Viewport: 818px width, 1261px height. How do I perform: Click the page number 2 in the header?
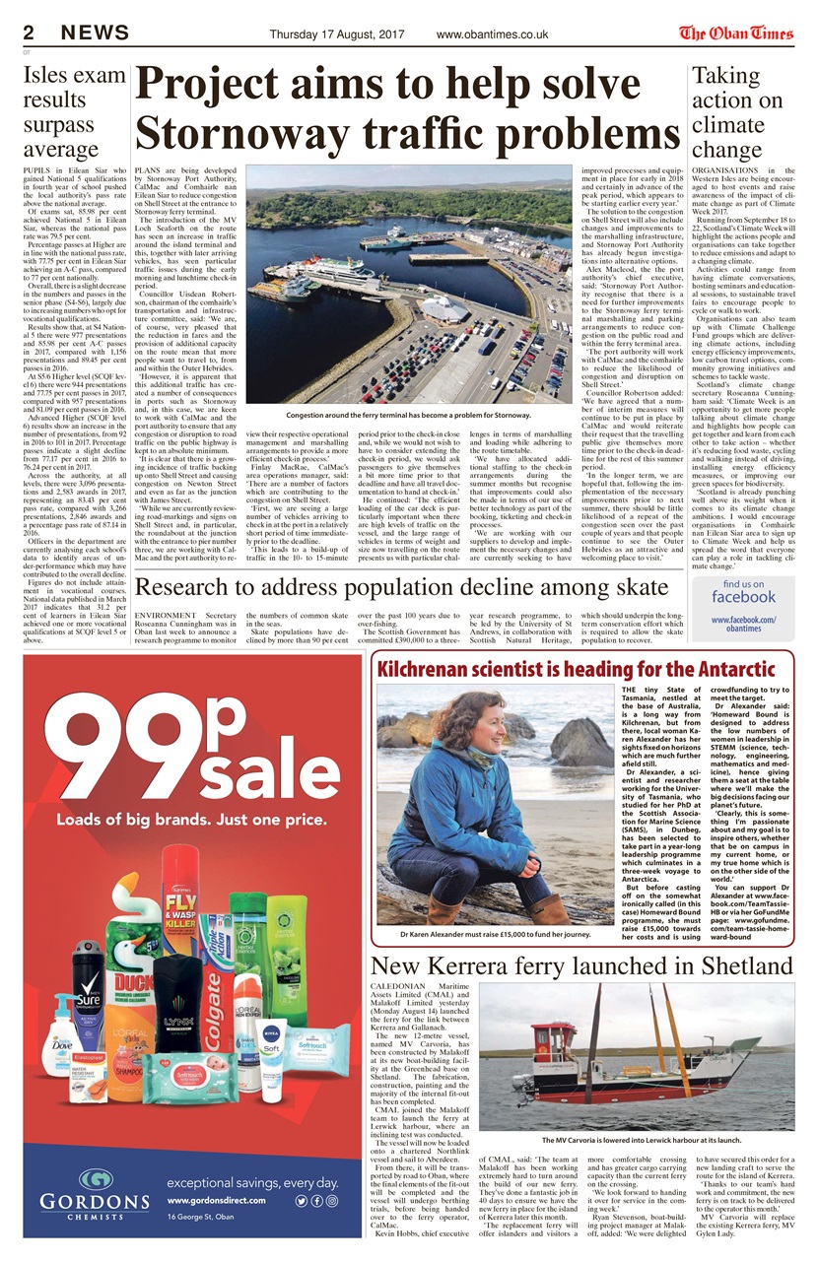click(30, 33)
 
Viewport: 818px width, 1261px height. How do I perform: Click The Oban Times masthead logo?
click(735, 32)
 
